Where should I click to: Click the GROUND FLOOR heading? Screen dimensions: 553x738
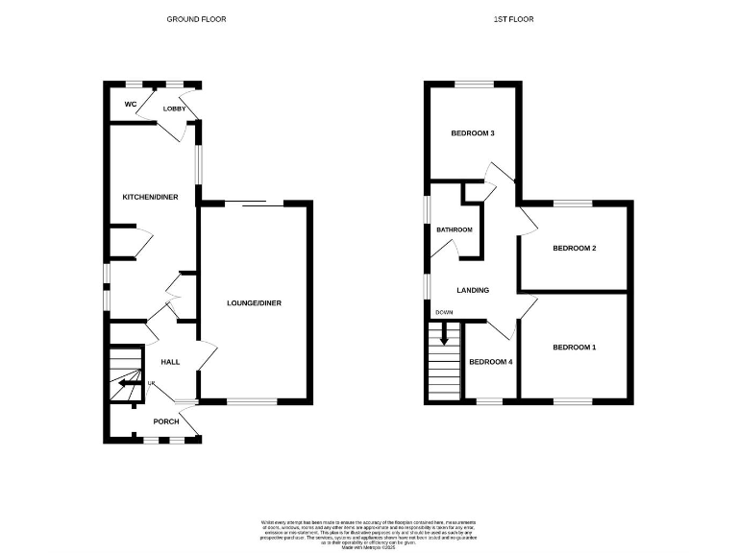[197, 19]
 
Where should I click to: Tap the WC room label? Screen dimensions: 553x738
[130, 105]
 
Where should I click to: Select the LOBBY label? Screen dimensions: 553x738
[174, 108]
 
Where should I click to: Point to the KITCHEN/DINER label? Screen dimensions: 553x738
[150, 197]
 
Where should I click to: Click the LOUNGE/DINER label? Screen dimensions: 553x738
[254, 303]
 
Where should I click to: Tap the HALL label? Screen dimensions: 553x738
[170, 362]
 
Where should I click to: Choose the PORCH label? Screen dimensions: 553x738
[166, 421]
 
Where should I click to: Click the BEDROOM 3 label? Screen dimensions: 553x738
[473, 133]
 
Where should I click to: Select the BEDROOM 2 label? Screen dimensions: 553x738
[575, 249]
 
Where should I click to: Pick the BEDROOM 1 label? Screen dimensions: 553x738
[574, 347]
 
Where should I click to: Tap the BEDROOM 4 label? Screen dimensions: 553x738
[490, 362]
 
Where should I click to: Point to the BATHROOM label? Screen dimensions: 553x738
[455, 230]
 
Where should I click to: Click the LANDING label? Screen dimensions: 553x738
[473, 290]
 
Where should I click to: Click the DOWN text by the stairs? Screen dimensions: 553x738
[444, 313]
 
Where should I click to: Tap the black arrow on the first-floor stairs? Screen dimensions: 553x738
[444, 335]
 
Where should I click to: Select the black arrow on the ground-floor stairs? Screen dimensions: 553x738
[128, 382]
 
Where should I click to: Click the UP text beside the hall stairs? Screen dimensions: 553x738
[151, 383]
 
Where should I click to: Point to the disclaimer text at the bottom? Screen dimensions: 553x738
[369, 532]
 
